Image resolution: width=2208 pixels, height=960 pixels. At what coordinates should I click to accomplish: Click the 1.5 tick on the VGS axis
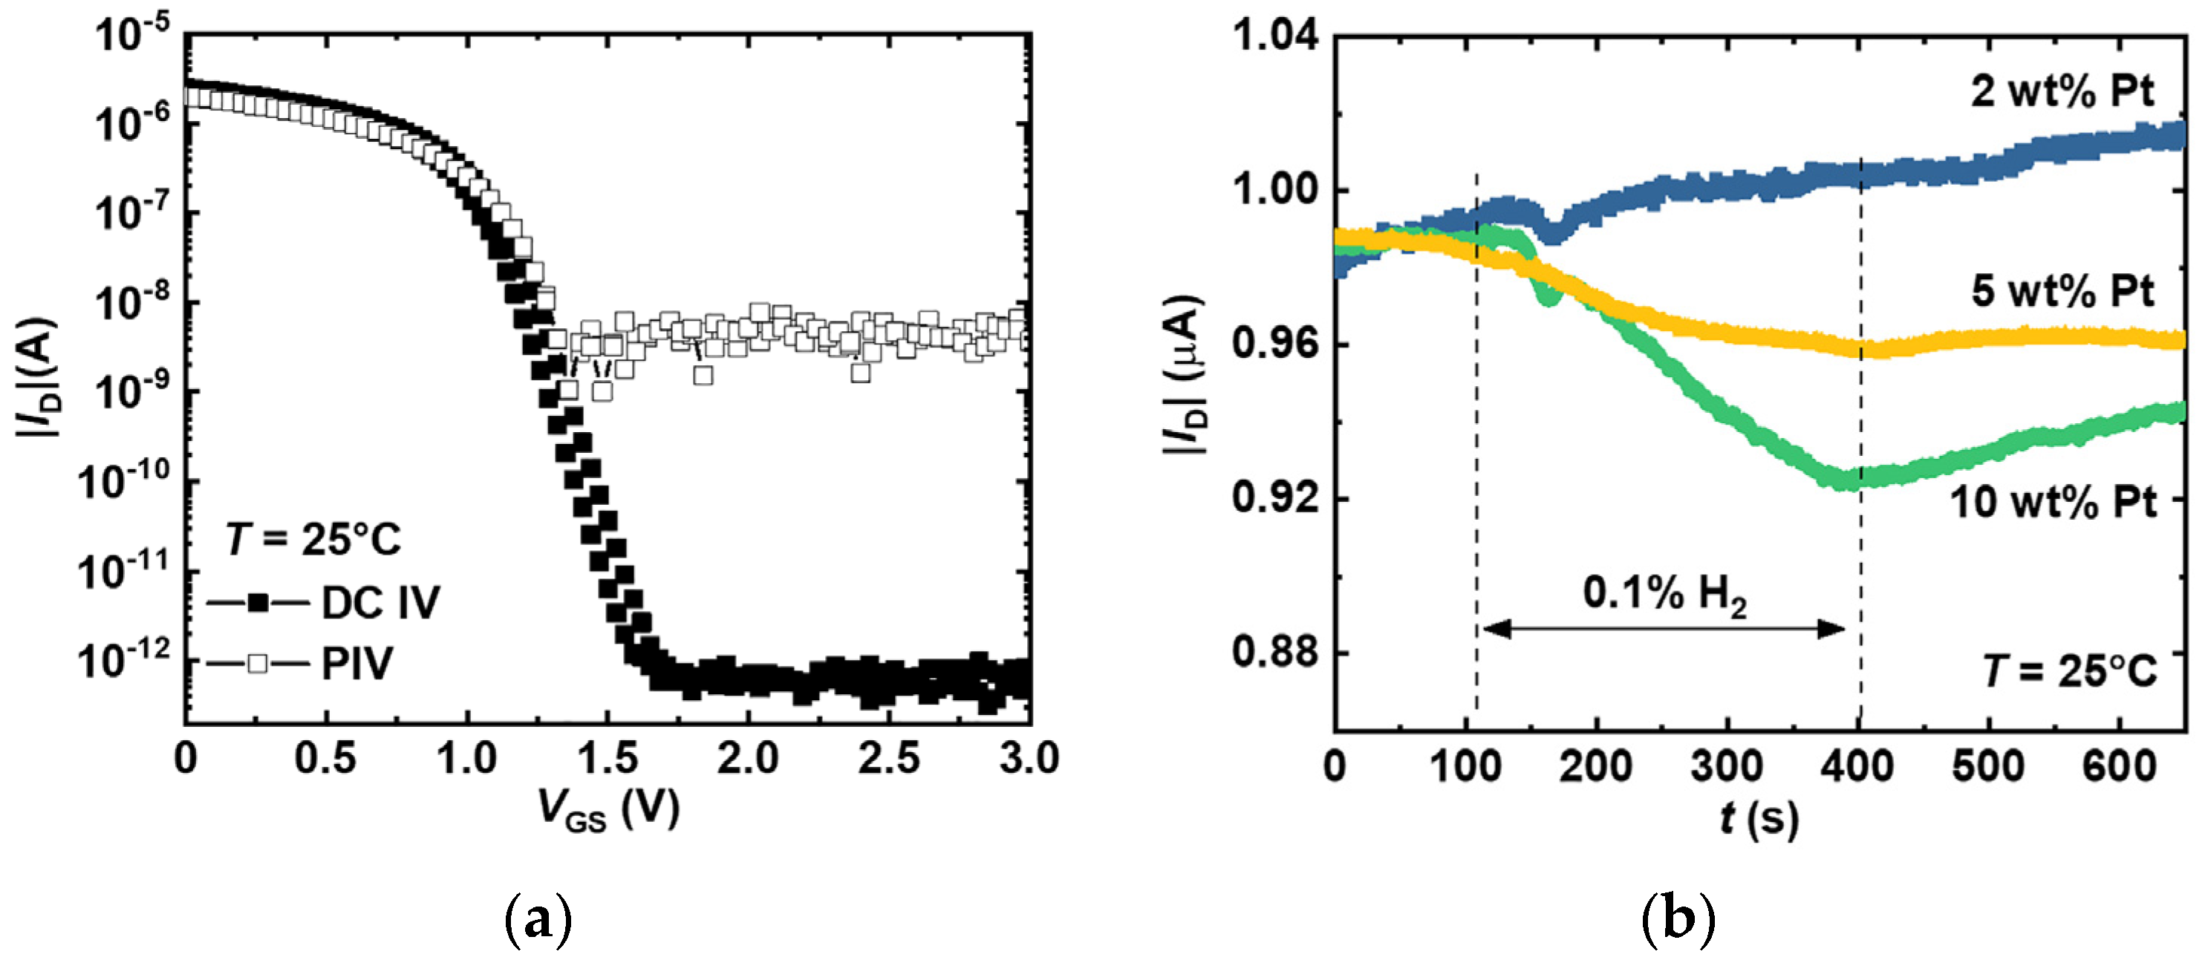[x=606, y=759]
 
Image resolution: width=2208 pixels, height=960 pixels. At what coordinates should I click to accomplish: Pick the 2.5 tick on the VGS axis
[x=888, y=759]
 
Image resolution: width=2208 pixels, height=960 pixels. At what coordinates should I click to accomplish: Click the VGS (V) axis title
[x=608, y=810]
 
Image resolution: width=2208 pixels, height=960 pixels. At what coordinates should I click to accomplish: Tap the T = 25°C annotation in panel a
[x=313, y=540]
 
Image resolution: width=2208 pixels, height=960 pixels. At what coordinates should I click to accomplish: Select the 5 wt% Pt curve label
[x=2062, y=292]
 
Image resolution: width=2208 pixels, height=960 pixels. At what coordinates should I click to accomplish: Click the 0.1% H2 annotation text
[x=1663, y=593]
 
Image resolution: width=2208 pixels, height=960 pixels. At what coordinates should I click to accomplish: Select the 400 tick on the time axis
[x=1857, y=765]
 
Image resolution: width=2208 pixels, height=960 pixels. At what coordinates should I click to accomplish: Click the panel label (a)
[x=538, y=921]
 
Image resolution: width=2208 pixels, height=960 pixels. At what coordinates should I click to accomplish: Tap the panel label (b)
[x=1678, y=921]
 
